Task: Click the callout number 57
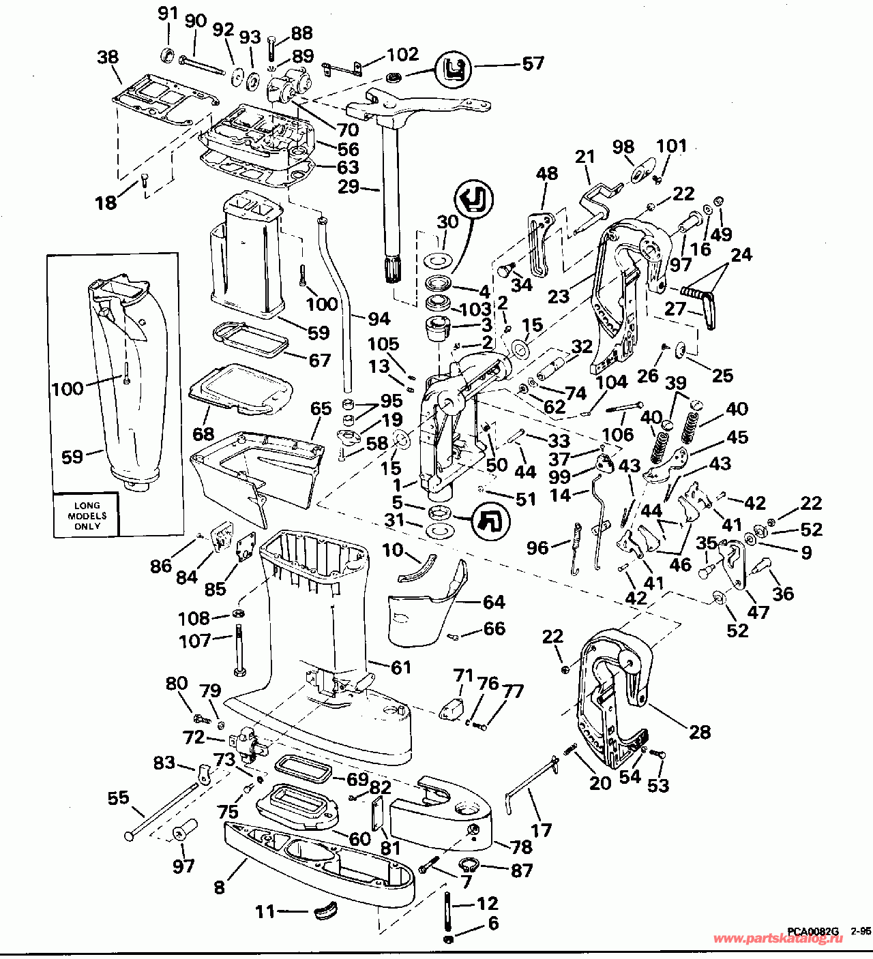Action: pyautogui.click(x=533, y=63)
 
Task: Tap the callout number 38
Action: pyautogui.click(x=108, y=57)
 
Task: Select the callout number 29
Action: pyautogui.click(x=349, y=187)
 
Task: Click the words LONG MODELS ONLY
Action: pyautogui.click(x=87, y=515)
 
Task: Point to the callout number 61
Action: pyautogui.click(x=401, y=667)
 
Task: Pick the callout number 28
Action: pyautogui.click(x=700, y=732)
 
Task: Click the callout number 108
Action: pyautogui.click(x=194, y=619)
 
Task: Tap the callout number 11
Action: pyautogui.click(x=265, y=912)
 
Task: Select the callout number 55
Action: pyautogui.click(x=118, y=797)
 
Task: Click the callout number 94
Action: pyautogui.click(x=379, y=318)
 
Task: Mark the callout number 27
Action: pyautogui.click(x=675, y=308)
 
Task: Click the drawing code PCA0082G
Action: pyautogui.click(x=813, y=931)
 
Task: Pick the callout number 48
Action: pyautogui.click(x=547, y=173)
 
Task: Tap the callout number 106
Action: pyautogui.click(x=618, y=434)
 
